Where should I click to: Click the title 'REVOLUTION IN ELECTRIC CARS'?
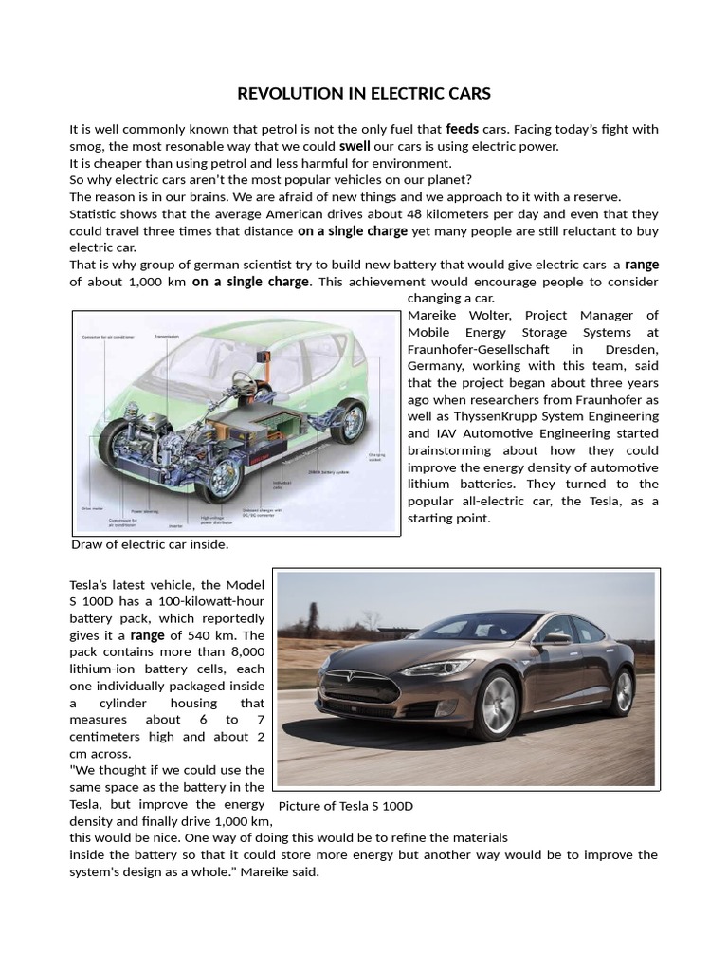pyautogui.click(x=364, y=93)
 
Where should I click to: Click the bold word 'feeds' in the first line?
pyautogui.click(x=462, y=129)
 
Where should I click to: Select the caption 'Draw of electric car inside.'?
pyautogui.click(x=150, y=545)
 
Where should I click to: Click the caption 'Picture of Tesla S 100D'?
pyautogui.click(x=346, y=806)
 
